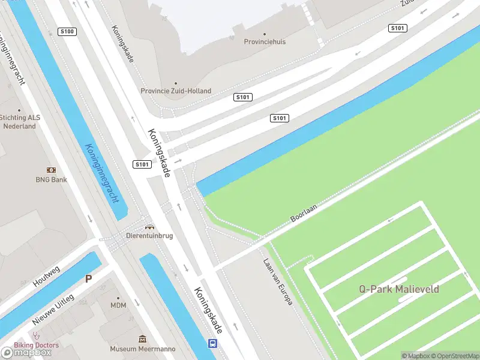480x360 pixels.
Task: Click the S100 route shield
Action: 67,31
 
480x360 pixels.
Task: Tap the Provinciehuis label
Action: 265,42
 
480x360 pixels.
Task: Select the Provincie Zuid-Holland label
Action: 176,91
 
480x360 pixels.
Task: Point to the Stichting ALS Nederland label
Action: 19,122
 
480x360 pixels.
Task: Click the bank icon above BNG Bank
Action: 51,170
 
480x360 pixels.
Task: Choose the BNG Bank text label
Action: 51,179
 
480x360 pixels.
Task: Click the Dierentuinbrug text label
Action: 149,236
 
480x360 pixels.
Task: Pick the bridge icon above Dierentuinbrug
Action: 149,227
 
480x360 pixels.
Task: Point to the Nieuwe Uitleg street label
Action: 53,310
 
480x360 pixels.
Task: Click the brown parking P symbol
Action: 88,278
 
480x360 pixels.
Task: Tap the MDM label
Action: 118,305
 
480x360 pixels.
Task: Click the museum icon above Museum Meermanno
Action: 142,340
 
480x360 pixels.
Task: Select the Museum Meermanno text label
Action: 142,349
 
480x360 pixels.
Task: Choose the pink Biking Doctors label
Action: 37,345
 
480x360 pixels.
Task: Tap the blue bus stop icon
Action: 212,343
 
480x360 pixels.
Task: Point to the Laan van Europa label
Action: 278,282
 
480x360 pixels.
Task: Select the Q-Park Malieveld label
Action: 399,289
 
